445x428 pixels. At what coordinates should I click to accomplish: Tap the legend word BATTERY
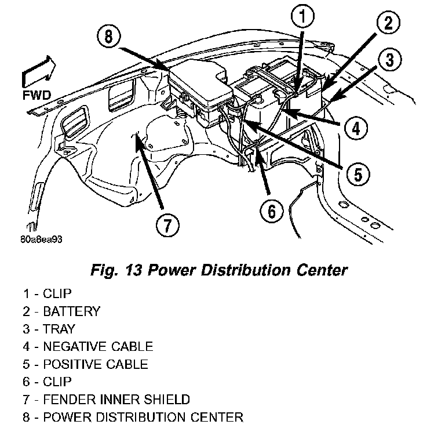tap(71, 311)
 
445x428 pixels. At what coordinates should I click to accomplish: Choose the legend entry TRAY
tap(59, 329)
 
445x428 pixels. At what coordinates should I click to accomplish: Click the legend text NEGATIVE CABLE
tap(97, 347)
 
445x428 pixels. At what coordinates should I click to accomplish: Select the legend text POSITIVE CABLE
tap(95, 365)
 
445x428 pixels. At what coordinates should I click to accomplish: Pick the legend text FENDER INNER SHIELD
tap(116, 400)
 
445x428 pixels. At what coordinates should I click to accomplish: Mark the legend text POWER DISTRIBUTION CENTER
tap(143, 417)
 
